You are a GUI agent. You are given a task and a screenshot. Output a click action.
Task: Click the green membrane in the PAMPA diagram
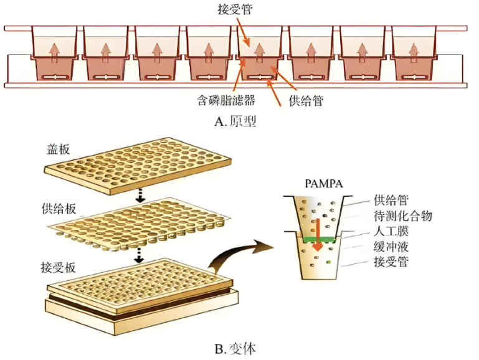pos(318,239)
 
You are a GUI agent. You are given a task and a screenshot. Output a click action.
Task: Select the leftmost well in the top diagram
pos(54,55)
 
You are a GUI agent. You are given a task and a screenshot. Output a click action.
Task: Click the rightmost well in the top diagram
pos(414,55)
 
